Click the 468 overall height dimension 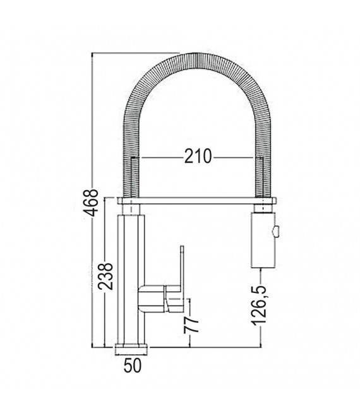coord(93,201)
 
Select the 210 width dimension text coord(197,155)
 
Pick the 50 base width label coord(132,365)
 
